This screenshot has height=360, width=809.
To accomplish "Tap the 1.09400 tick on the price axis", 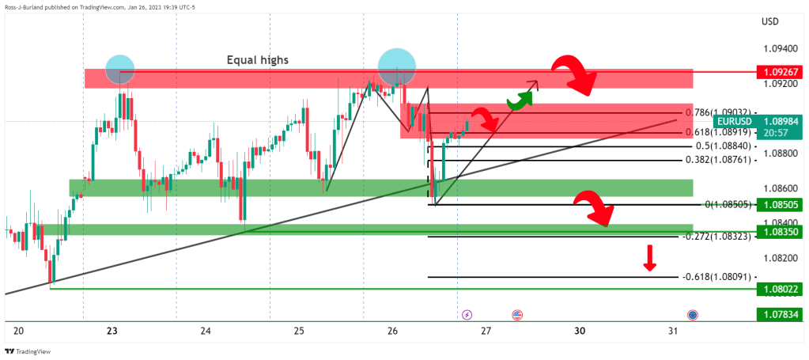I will click(780, 48).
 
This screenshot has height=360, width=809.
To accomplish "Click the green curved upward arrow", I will click(517, 100).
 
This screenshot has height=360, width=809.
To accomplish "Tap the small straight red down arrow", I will click(649, 258).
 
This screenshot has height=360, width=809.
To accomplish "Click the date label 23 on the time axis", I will click(112, 331).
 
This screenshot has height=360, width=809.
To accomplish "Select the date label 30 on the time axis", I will click(580, 331).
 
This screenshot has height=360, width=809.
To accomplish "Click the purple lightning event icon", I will click(467, 315).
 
